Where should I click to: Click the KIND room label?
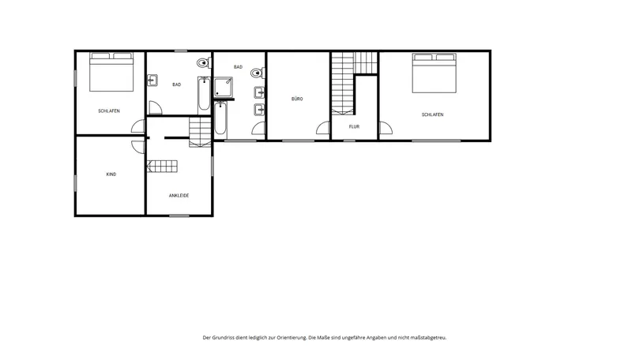111,174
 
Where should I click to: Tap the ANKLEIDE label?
179,196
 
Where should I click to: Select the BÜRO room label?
297,99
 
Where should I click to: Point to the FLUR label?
354,126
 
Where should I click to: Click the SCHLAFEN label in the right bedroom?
432,114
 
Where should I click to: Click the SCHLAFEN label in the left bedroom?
109,111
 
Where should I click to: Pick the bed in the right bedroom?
434,73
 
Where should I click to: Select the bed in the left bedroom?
111,72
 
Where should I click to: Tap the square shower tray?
223,88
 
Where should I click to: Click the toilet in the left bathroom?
204,63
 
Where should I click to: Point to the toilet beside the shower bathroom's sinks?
258,73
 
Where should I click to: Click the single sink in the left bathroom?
152,81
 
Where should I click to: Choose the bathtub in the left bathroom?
204,96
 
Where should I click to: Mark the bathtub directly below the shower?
220,118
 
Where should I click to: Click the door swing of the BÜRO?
323,128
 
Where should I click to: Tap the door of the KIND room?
138,147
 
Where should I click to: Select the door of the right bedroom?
386,128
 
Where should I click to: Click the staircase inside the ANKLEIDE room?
162,167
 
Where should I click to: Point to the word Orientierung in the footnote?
292,338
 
